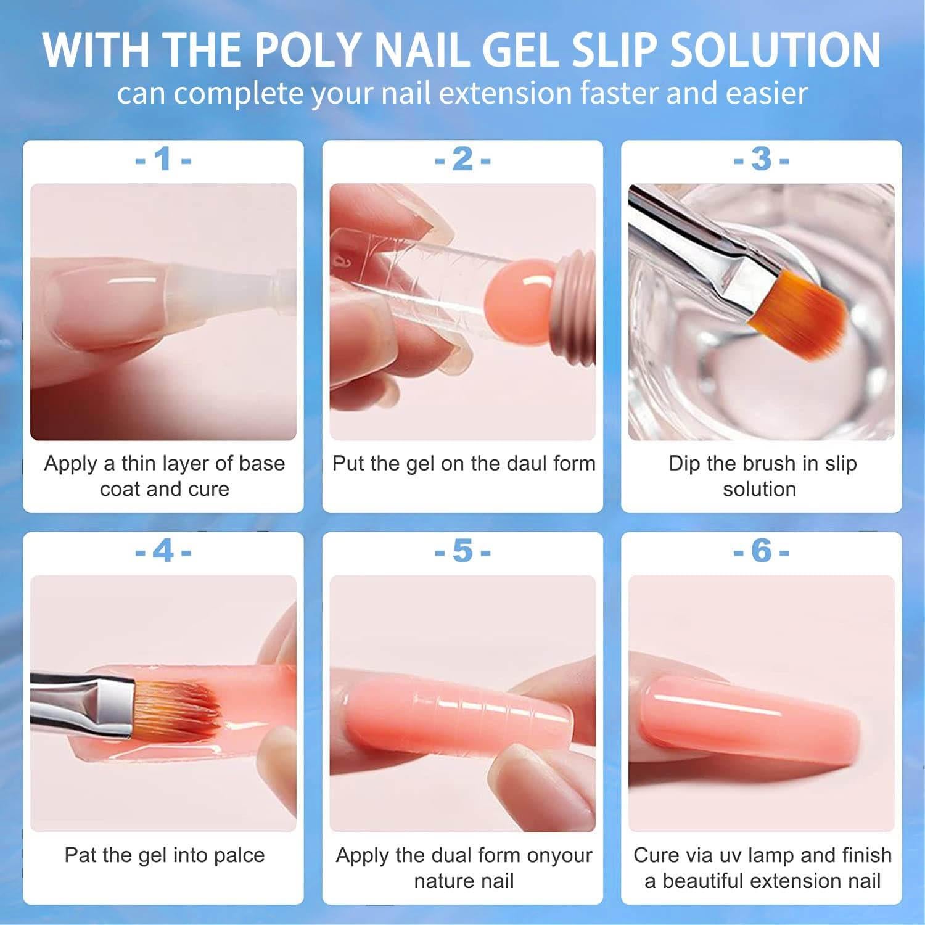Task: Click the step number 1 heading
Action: (163, 160)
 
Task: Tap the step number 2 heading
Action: (462, 160)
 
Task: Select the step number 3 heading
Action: (761, 160)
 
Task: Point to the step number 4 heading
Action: (163, 551)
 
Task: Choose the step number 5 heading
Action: (462, 551)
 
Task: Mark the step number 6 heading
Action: (761, 551)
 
